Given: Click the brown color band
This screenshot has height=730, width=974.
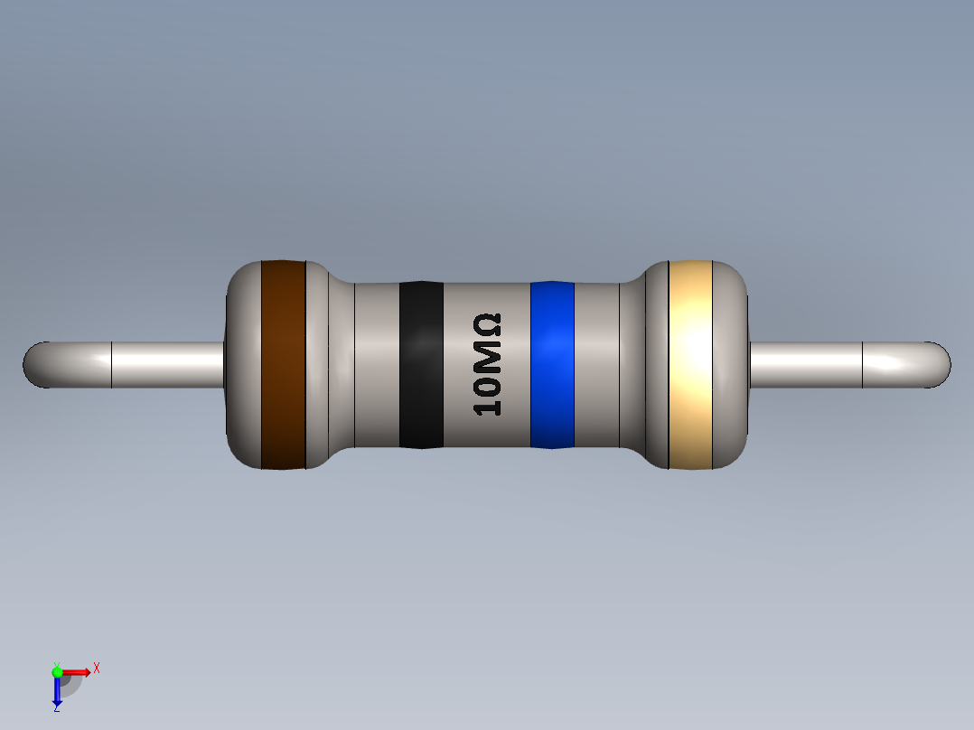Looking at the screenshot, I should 283,364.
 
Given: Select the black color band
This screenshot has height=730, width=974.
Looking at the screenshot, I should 421,364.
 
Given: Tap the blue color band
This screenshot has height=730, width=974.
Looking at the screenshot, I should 552,364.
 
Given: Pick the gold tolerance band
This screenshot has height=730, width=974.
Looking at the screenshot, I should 691,364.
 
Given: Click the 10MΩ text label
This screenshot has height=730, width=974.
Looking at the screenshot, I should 488,364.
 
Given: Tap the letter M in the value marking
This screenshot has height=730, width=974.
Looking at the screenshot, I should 488,357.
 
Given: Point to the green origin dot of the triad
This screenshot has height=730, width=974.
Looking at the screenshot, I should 57,671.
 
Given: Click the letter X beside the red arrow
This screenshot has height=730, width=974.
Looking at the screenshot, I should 97,668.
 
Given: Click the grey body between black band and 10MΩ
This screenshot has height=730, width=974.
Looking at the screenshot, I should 457,364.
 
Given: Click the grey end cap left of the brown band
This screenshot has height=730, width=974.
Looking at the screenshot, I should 243,364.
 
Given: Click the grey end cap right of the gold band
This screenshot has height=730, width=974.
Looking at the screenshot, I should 732,364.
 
